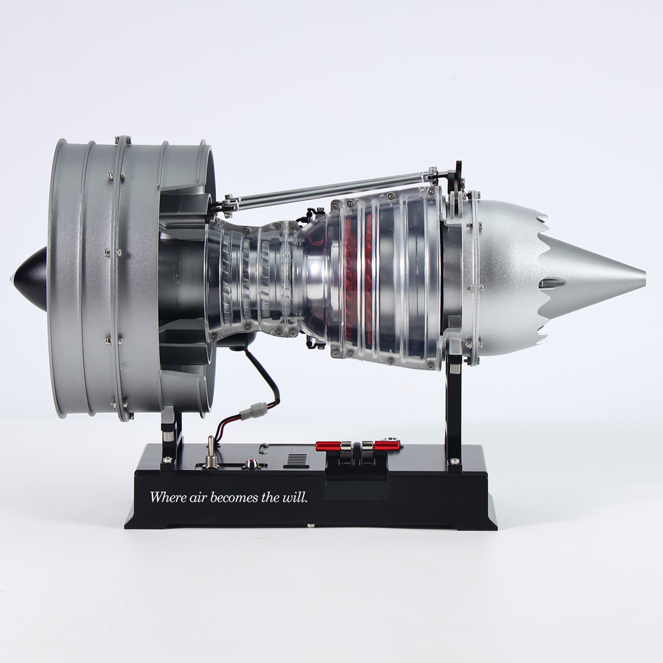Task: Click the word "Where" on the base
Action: [x=168, y=497]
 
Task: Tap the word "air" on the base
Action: [x=199, y=497]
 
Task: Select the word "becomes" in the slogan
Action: [x=234, y=497]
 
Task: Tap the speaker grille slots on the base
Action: [x=299, y=459]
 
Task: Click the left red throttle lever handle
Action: [x=329, y=445]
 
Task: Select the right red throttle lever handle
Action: [x=387, y=445]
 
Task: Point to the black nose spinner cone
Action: [x=29, y=279]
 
